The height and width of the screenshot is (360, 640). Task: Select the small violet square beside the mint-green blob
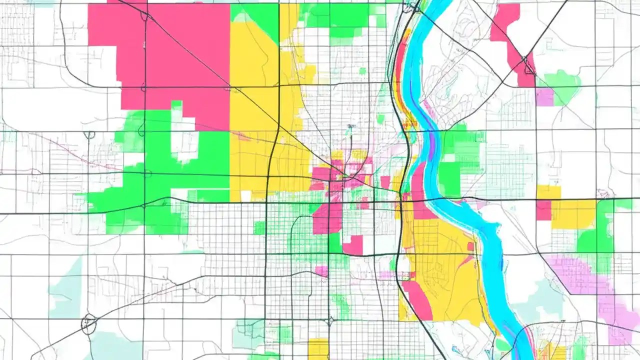[544, 97]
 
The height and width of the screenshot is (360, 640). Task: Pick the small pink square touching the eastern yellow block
[543, 210]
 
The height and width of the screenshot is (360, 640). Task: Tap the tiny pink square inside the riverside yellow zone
[470, 246]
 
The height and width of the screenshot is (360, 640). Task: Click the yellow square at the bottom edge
[318, 348]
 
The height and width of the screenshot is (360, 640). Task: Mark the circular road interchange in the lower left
[89, 324]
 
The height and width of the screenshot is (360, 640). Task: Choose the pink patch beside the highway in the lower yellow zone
[417, 300]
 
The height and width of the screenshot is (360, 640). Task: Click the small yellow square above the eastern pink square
[548, 192]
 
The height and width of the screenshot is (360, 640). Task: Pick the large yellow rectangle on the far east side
[573, 214]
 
